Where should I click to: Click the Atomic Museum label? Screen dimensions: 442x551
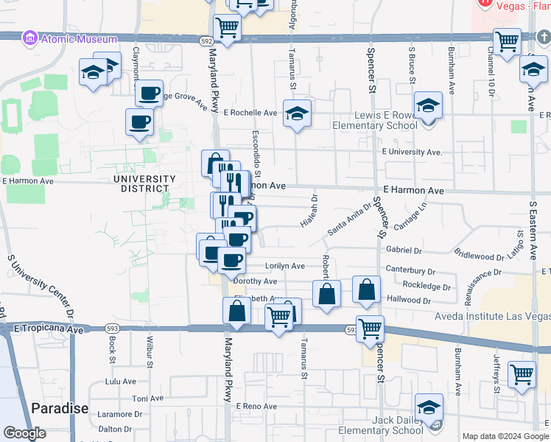[78, 39]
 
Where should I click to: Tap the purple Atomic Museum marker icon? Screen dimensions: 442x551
[30, 38]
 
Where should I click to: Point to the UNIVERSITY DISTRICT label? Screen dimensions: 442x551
[144, 183]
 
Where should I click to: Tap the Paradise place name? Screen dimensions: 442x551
[60, 408]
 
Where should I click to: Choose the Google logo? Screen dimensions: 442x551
[24, 433]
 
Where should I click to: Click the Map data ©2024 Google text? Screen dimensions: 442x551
[505, 436]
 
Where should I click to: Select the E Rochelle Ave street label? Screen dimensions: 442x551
[250, 113]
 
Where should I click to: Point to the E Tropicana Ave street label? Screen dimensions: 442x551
[49, 330]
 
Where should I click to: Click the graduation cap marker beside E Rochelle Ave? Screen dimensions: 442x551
[297, 113]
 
